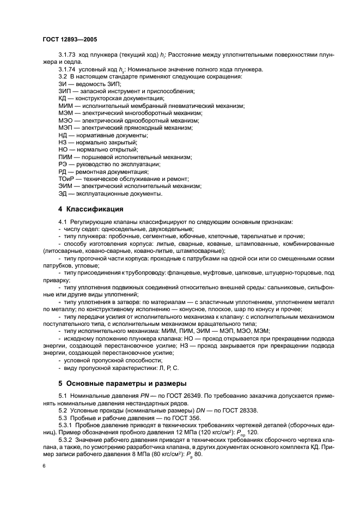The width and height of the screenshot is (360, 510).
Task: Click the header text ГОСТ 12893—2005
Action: coord(69,40)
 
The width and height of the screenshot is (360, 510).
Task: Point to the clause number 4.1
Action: coord(62,222)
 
